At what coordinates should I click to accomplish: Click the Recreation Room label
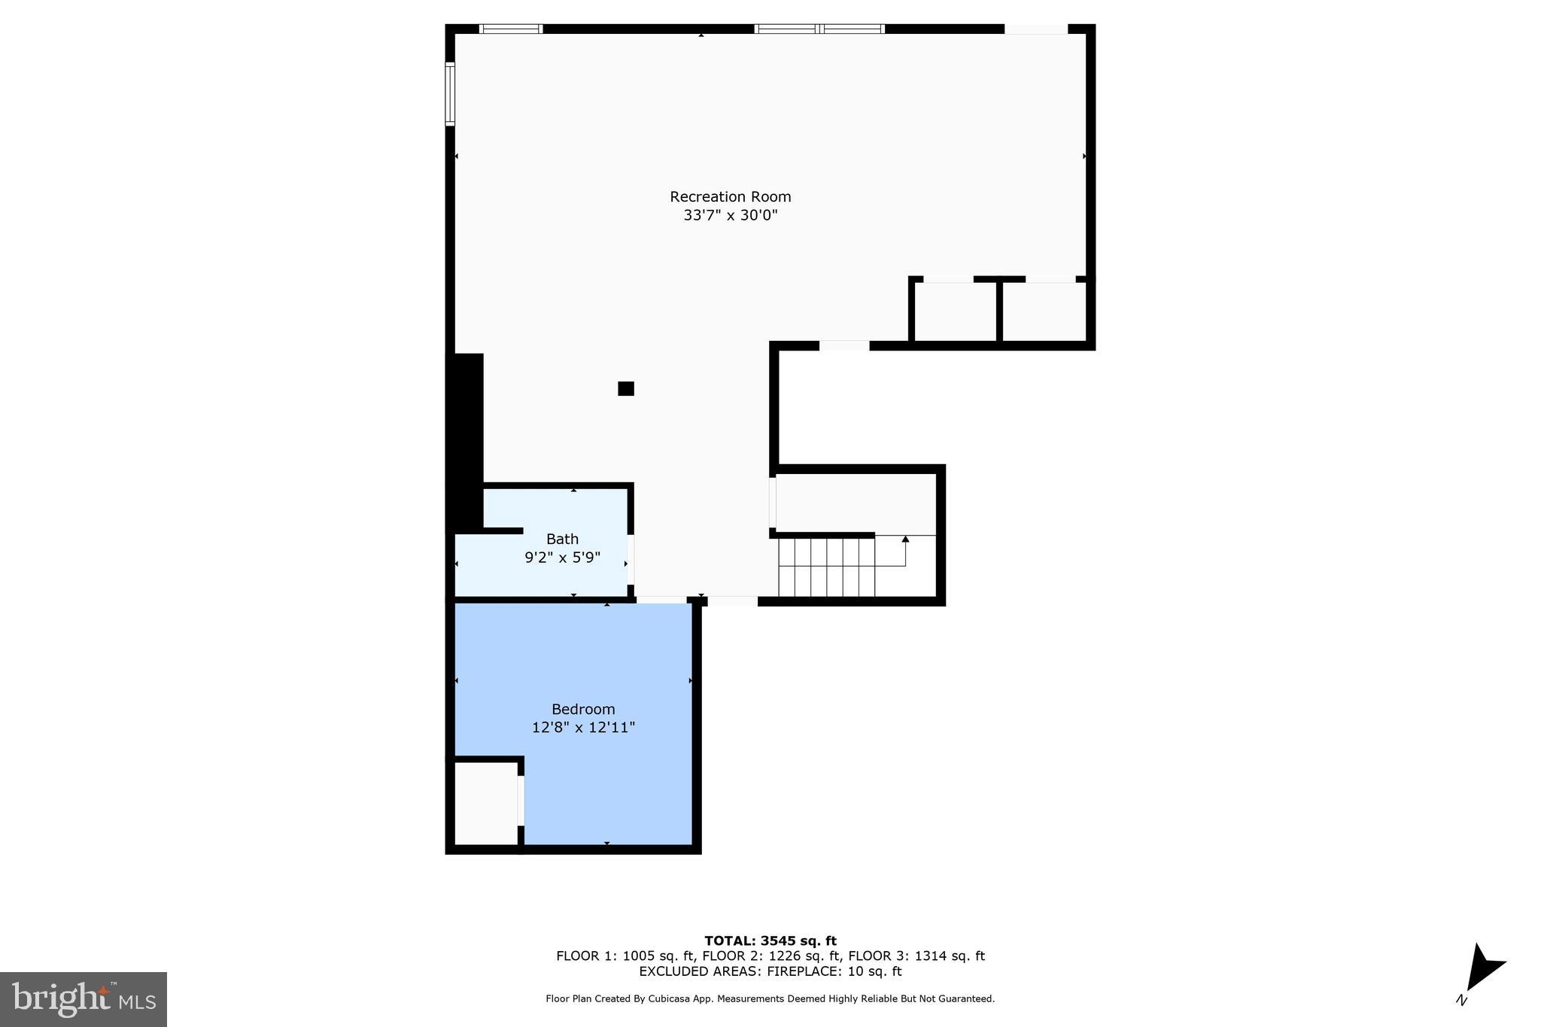[730, 197]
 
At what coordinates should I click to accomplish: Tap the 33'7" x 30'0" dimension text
[730, 216]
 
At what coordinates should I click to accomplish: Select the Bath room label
[562, 539]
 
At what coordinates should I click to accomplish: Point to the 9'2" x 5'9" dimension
[562, 558]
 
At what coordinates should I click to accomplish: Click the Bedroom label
[583, 709]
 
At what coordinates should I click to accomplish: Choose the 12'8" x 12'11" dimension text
[583, 728]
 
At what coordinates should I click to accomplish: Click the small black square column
[626, 389]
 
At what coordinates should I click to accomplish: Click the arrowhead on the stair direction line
[905, 539]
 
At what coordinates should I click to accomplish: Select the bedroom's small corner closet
[485, 804]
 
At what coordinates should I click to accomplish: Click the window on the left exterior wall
[450, 94]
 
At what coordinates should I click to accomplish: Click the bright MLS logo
[84, 999]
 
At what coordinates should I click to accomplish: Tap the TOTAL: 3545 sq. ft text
[770, 941]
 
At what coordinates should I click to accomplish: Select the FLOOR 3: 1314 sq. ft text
[916, 956]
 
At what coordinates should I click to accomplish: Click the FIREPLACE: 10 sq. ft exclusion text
[834, 971]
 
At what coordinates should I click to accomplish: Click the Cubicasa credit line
[770, 999]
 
